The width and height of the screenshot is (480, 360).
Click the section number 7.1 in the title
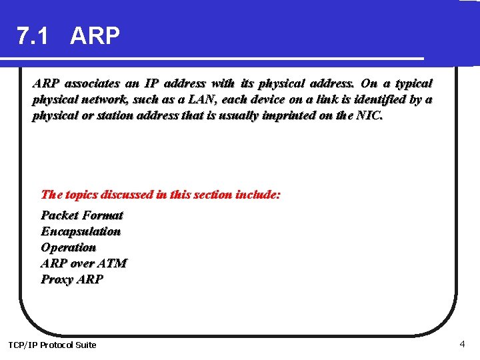[32, 36]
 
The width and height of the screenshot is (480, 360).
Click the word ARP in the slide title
[95, 36]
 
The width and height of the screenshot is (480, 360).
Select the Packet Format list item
[82, 215]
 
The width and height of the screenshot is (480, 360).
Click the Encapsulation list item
[81, 231]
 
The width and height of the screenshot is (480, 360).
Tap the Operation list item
[68, 247]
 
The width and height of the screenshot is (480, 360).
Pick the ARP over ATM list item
[83, 263]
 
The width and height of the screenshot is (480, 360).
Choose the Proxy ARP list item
[72, 279]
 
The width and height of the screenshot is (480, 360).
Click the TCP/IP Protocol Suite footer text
[52, 345]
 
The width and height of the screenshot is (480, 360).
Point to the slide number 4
[462, 344]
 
